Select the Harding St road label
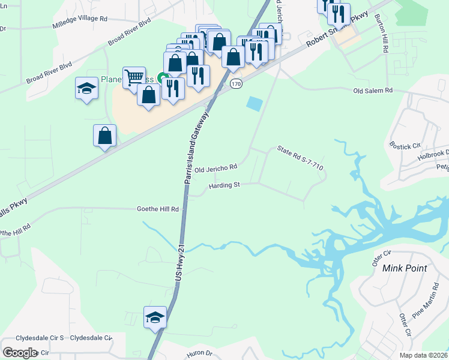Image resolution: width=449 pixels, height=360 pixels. pos(224,185)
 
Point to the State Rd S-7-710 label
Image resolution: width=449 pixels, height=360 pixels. pos(300,158)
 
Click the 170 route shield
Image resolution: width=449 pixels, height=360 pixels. pos(236,85)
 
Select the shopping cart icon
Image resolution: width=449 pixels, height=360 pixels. pos(134,77)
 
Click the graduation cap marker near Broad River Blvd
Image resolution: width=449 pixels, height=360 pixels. pos(87,88)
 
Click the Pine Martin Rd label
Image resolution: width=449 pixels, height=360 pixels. pos(426,308)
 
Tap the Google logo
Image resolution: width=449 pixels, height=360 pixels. pos(20,353)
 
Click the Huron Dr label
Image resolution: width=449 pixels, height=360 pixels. pos(199,354)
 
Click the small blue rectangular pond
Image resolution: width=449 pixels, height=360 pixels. pos(255,103)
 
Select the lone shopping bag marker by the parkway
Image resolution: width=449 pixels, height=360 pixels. pos(105,135)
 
